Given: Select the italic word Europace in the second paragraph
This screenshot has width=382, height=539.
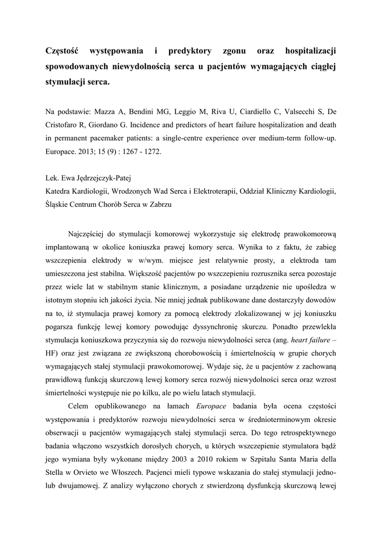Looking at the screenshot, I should coord(211,406).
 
